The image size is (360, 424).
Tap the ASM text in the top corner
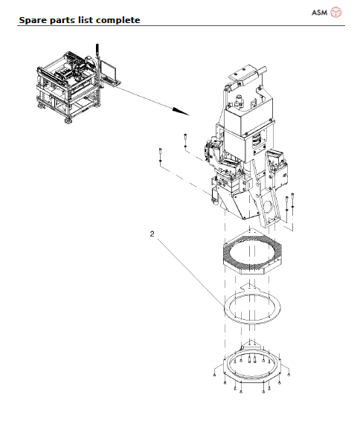coord(316,12)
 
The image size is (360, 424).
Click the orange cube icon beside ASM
coord(335,12)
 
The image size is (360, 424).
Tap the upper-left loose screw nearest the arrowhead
coord(184,139)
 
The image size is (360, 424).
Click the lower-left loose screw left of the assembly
coord(160,155)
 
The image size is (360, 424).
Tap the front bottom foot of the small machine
coord(71,118)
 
